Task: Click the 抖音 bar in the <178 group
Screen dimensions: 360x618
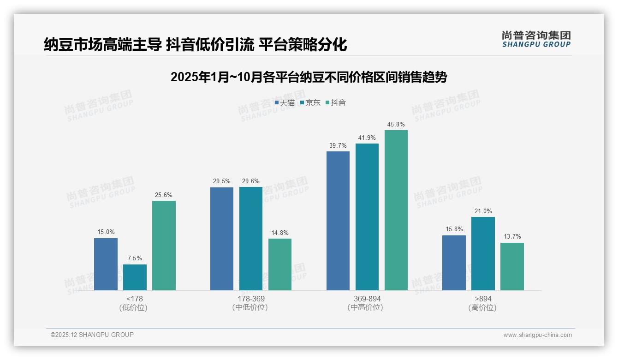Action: (x=164, y=246)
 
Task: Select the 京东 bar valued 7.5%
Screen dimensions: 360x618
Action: (x=135, y=277)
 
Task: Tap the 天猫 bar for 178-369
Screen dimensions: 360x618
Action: (x=222, y=239)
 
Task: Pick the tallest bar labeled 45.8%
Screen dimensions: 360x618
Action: (x=396, y=210)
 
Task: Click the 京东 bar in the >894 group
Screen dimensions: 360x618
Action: (x=483, y=253)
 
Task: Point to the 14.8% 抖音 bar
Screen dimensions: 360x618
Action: (x=280, y=264)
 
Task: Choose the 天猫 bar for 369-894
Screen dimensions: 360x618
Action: (x=338, y=221)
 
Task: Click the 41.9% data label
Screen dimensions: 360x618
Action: (x=367, y=138)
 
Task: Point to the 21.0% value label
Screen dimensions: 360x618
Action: (x=483, y=211)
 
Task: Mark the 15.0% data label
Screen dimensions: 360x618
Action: (x=106, y=232)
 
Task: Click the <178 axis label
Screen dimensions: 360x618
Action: (x=135, y=299)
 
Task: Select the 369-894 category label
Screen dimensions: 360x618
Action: (x=367, y=299)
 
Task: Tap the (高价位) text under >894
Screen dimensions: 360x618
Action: (x=483, y=308)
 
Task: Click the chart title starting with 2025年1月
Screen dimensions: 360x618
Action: (x=309, y=77)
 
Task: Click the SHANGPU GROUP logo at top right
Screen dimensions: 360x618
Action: (x=536, y=39)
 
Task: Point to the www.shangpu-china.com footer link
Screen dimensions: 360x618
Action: (x=537, y=335)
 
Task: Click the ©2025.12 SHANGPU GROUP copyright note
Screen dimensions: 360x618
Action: (x=92, y=335)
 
